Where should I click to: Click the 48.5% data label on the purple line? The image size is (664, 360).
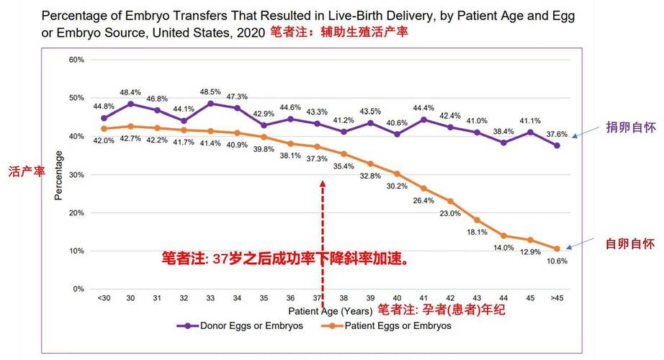(x=210, y=91)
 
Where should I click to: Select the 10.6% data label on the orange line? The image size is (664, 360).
(x=557, y=261)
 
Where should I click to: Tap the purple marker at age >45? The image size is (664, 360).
(x=557, y=145)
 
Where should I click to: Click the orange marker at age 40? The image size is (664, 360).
(x=397, y=174)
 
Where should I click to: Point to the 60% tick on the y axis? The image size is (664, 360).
(x=77, y=60)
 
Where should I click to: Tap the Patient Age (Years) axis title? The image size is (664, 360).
(x=330, y=311)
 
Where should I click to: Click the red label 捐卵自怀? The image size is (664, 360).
(x=624, y=127)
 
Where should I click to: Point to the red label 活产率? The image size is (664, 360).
(x=24, y=172)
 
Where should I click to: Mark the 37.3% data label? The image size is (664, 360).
(x=317, y=158)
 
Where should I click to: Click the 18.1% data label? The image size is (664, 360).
(x=477, y=232)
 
